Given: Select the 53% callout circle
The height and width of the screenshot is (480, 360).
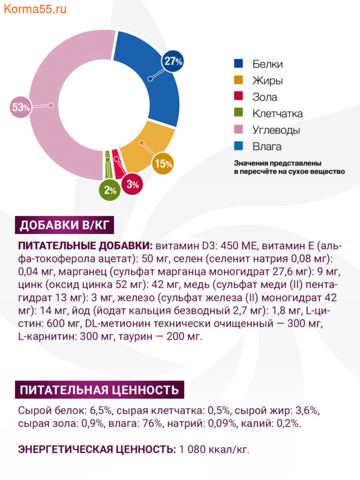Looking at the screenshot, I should tap(20, 107).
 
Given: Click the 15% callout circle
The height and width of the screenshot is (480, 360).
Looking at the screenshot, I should tap(163, 163).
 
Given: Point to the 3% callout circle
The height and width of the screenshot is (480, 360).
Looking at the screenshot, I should tap(133, 184).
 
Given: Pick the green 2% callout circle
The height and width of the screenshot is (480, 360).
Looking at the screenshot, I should tap(109, 190).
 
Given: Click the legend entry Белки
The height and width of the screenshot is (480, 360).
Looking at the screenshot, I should tap(267, 64).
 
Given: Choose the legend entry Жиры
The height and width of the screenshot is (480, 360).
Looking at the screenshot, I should tap(267, 80).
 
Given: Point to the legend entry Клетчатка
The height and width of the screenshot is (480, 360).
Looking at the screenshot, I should tap(277, 113).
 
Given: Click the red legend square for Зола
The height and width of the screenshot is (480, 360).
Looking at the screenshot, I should tap(239, 97).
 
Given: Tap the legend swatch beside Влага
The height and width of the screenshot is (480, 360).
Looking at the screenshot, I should tap(239, 146).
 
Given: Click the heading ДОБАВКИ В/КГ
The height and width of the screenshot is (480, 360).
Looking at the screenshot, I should tap(62, 226).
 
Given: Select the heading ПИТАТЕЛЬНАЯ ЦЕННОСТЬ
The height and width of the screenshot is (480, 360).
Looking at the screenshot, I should tap(100, 390).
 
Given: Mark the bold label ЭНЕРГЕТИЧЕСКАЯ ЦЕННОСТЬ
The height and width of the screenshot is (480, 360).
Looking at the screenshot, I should tap(97, 448).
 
